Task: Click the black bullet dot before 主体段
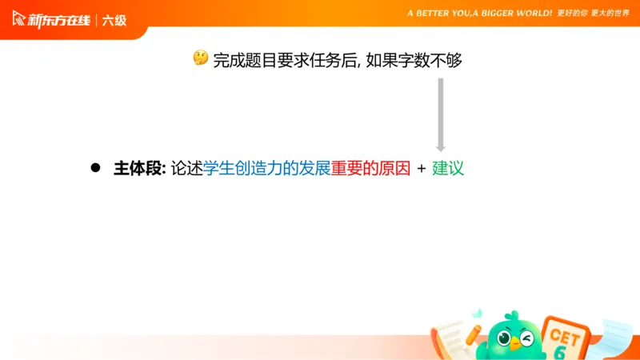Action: (x=94, y=168)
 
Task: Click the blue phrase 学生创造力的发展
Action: (x=266, y=168)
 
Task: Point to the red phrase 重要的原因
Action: (x=370, y=168)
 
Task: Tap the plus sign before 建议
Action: (x=421, y=169)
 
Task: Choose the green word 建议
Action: (x=448, y=168)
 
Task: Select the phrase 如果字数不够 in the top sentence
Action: (x=414, y=59)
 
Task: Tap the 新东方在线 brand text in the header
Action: (x=59, y=20)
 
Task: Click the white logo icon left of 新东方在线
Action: (x=18, y=19)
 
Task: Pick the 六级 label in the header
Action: (x=114, y=20)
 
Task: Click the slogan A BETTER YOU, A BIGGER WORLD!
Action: (x=479, y=14)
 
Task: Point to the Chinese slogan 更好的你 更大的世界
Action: (x=594, y=14)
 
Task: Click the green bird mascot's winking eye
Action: (x=526, y=338)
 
